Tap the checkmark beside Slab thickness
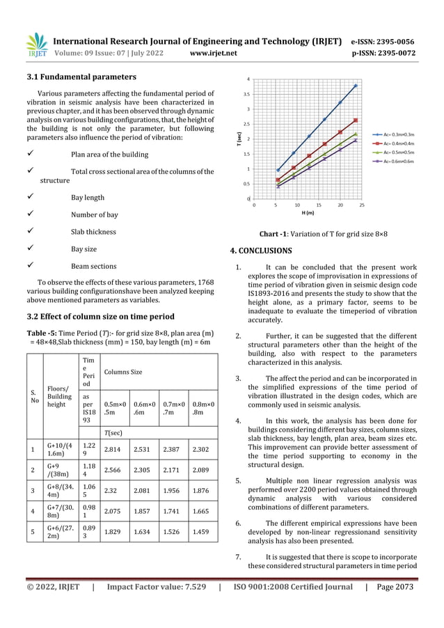[x=29, y=232]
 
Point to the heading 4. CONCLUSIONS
[x=261, y=251]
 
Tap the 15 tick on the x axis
[x=318, y=205]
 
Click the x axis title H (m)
[x=308, y=213]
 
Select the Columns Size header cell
[x=122, y=372]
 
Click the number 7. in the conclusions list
[x=239, y=557]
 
